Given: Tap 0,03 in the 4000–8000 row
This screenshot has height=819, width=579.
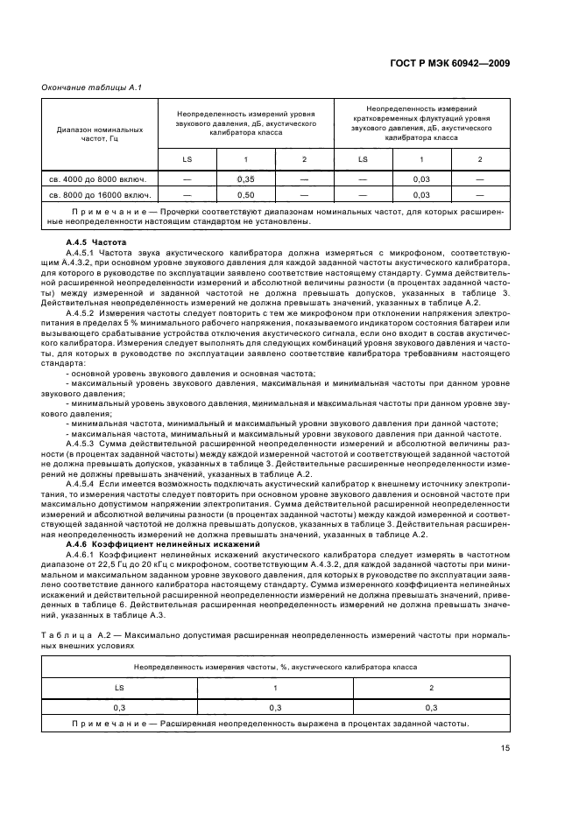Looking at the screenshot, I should [421, 178].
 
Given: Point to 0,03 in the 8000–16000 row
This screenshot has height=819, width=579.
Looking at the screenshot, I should [421, 194].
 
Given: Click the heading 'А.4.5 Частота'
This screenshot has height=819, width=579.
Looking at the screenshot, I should [97, 241].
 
